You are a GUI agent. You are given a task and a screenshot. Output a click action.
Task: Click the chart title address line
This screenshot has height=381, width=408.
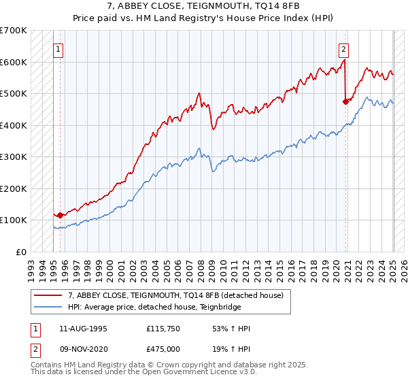(203, 7)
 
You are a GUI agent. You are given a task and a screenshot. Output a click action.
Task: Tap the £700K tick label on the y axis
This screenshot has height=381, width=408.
(13, 31)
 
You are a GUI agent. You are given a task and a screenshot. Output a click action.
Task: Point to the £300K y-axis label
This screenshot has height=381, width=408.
(13, 157)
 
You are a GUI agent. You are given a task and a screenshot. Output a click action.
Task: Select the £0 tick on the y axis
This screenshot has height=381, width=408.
(21, 252)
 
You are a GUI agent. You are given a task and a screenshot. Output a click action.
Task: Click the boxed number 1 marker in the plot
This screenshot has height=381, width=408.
(58, 49)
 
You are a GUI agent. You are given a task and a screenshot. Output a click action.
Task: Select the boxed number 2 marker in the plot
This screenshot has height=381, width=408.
(344, 49)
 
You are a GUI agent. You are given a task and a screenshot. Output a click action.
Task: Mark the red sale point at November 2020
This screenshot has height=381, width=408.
(345, 101)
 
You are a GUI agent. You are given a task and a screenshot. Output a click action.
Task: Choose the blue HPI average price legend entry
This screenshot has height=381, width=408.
(156, 308)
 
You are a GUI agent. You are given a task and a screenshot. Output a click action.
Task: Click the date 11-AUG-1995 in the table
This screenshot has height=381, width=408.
(83, 329)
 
